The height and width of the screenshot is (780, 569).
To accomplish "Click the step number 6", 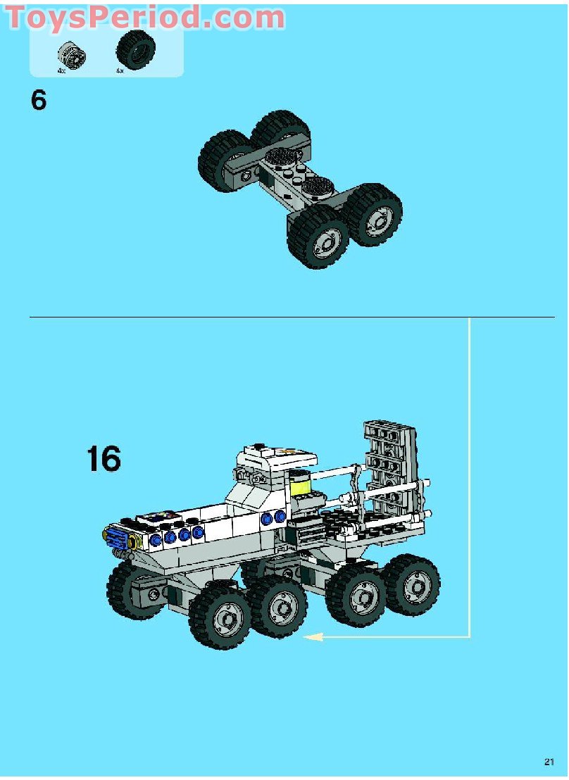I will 39,100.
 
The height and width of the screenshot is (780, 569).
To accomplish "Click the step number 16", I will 104,458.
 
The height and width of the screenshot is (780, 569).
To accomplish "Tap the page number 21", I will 549,762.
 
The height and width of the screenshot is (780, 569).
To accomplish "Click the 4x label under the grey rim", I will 62,70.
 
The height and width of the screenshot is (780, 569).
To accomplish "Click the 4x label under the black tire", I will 120,70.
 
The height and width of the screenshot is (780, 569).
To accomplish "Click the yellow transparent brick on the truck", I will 301,485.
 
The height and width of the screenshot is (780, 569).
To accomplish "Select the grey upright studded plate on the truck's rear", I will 389,465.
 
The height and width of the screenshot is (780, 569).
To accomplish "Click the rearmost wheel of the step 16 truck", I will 412,584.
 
